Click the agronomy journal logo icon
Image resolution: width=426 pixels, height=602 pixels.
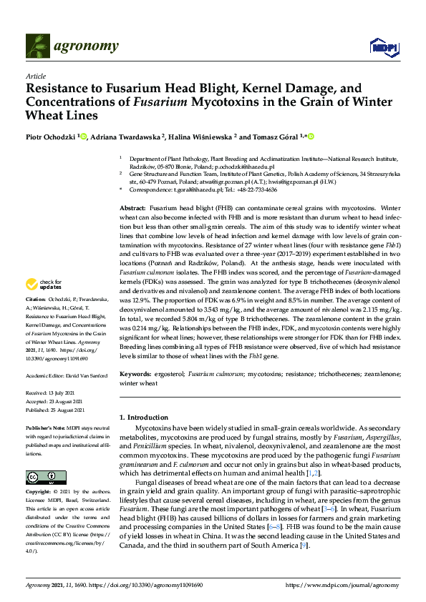[39, 47]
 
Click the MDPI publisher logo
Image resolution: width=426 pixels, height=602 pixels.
[379, 47]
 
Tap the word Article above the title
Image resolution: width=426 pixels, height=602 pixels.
[36, 76]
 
